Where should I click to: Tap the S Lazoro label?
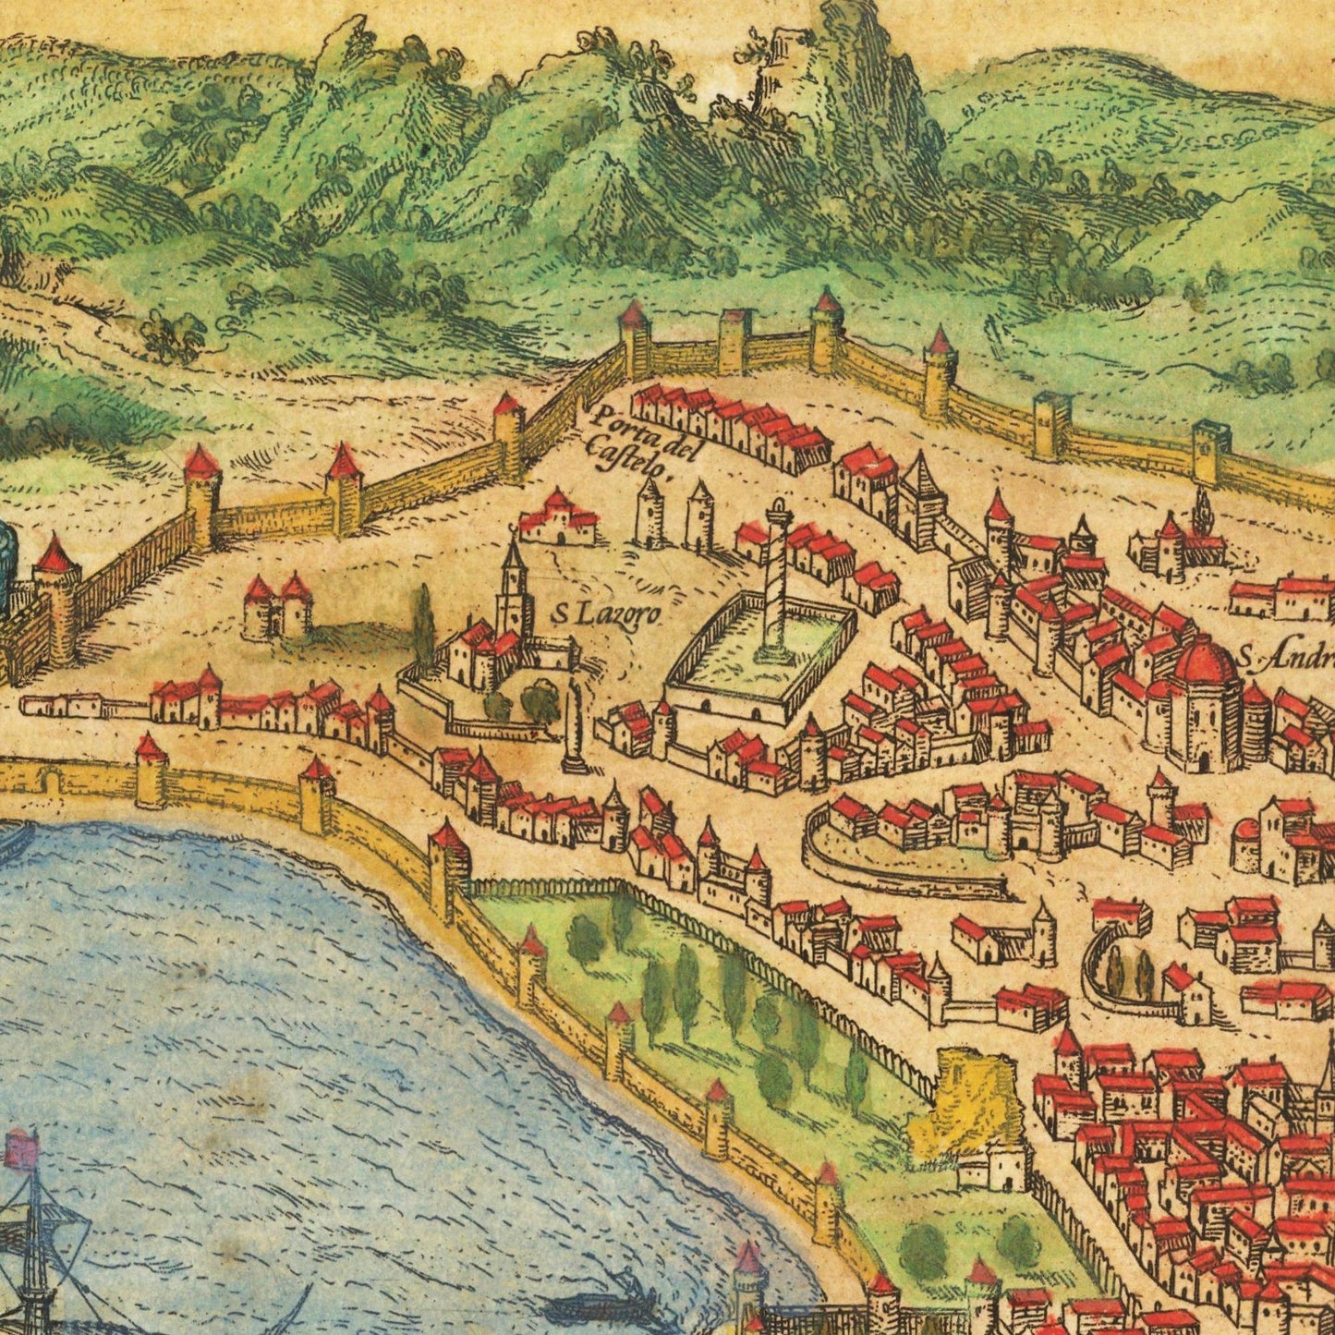(608, 612)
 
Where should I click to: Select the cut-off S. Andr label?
(1286, 658)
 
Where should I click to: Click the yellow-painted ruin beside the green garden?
(965, 1099)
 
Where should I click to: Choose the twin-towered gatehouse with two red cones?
(277, 606)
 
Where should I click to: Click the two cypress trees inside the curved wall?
(1129, 975)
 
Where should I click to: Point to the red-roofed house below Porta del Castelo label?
(557, 519)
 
